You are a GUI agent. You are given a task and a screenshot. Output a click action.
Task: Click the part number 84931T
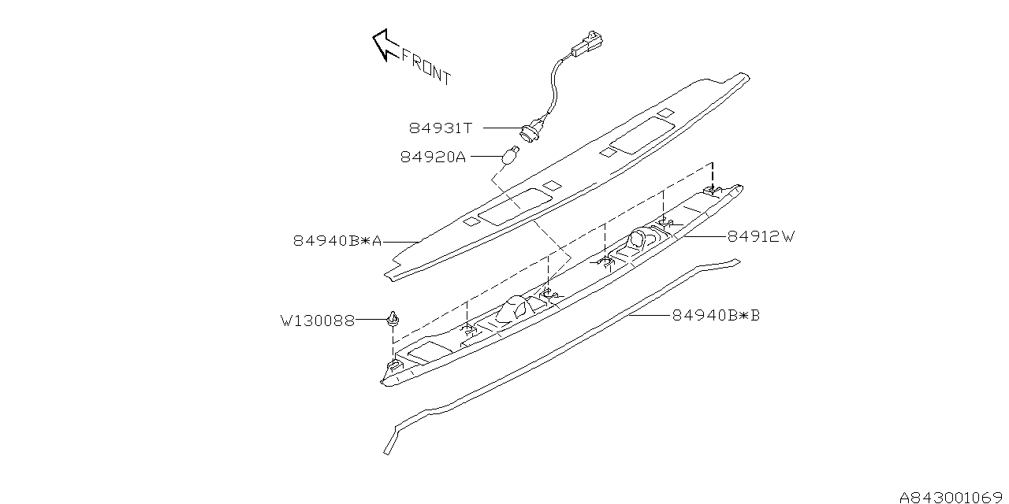click(440, 128)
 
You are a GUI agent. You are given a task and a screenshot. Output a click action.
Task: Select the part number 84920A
click(434, 157)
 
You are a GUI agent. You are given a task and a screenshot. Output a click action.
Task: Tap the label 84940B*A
click(337, 241)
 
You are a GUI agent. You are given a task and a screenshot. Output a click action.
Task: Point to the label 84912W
click(761, 235)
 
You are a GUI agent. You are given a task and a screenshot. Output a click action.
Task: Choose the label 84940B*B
click(717, 316)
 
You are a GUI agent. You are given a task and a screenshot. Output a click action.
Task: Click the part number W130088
click(317, 321)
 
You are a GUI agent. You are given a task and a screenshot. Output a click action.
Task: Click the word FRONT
click(426, 66)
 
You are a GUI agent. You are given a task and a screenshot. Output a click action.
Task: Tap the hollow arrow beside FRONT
click(385, 44)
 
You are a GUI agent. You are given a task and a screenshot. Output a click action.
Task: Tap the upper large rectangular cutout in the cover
click(640, 135)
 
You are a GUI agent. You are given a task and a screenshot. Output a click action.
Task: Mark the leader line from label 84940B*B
click(650, 316)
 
